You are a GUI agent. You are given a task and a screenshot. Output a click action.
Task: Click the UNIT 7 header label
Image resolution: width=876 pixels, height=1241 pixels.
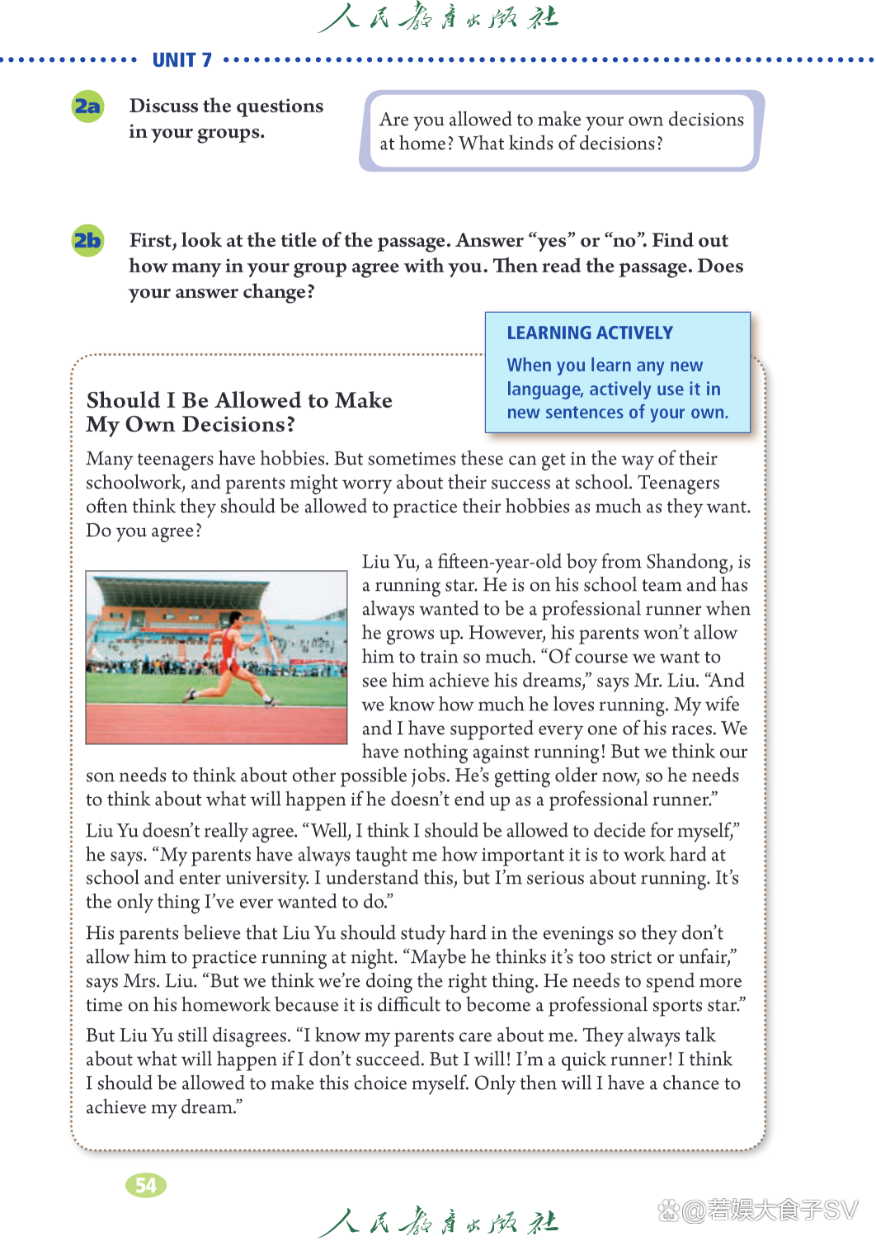point(181,60)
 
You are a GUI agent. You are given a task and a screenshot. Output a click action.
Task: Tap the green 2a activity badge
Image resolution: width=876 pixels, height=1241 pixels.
point(87,106)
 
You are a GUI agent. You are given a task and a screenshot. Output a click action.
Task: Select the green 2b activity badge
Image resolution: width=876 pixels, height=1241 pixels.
point(87,241)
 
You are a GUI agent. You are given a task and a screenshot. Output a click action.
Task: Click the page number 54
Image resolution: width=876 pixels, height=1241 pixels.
point(146,1186)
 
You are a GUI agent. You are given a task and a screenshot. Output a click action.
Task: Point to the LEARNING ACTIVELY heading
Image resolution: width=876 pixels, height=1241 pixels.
point(590,333)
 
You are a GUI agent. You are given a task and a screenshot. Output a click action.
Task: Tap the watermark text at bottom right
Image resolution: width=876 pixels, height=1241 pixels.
point(759,1210)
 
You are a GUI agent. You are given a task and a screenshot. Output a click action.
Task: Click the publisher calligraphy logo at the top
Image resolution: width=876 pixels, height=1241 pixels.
point(438,17)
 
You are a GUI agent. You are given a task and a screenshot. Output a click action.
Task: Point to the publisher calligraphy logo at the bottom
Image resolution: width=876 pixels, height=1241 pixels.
point(438,1221)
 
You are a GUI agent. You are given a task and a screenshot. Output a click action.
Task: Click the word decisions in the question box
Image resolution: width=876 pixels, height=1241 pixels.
point(705,120)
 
